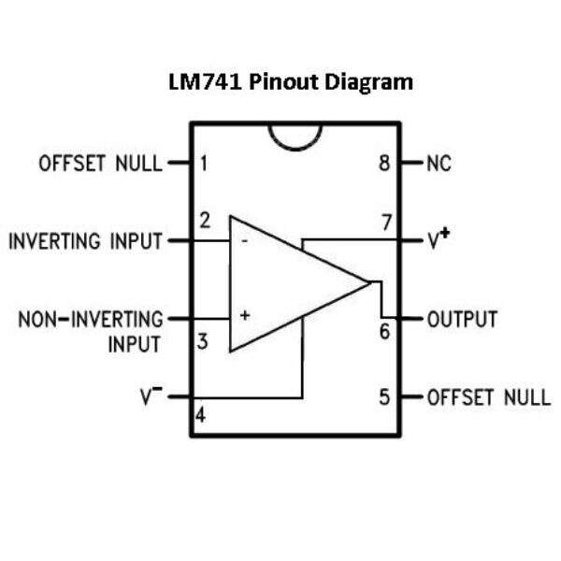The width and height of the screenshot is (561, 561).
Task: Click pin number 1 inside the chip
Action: [x=204, y=165]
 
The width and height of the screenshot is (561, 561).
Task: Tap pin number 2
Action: [x=204, y=222]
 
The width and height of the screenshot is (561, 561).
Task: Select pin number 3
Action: [x=202, y=341]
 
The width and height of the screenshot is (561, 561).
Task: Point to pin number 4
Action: [x=200, y=411]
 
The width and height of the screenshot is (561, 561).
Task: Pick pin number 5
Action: [x=384, y=396]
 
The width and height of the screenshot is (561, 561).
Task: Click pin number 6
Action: [x=384, y=331]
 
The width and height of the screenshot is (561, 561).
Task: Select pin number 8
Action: [x=384, y=165]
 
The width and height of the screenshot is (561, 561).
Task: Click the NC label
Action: [x=439, y=165]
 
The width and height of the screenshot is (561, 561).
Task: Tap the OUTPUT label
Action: [x=462, y=320]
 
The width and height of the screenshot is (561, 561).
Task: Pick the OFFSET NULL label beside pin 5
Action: [x=488, y=396]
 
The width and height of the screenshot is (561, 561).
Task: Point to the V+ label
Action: [x=439, y=240]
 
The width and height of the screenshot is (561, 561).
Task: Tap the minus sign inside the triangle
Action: [x=244, y=241]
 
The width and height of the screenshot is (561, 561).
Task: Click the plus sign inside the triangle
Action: [x=244, y=316]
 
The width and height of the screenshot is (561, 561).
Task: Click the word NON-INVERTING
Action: [x=90, y=320]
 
